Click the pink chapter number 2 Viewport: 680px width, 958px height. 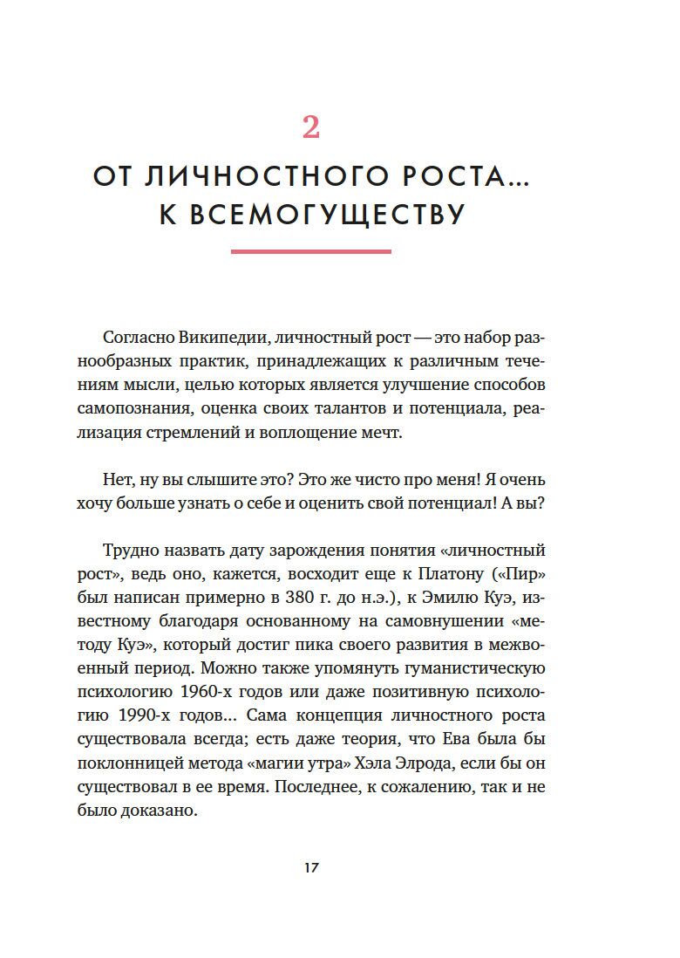click(x=311, y=128)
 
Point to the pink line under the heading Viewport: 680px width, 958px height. click(x=311, y=251)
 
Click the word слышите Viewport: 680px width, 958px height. click(x=234, y=480)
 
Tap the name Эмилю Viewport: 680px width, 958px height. click(x=452, y=599)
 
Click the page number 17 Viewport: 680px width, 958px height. click(x=311, y=869)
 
